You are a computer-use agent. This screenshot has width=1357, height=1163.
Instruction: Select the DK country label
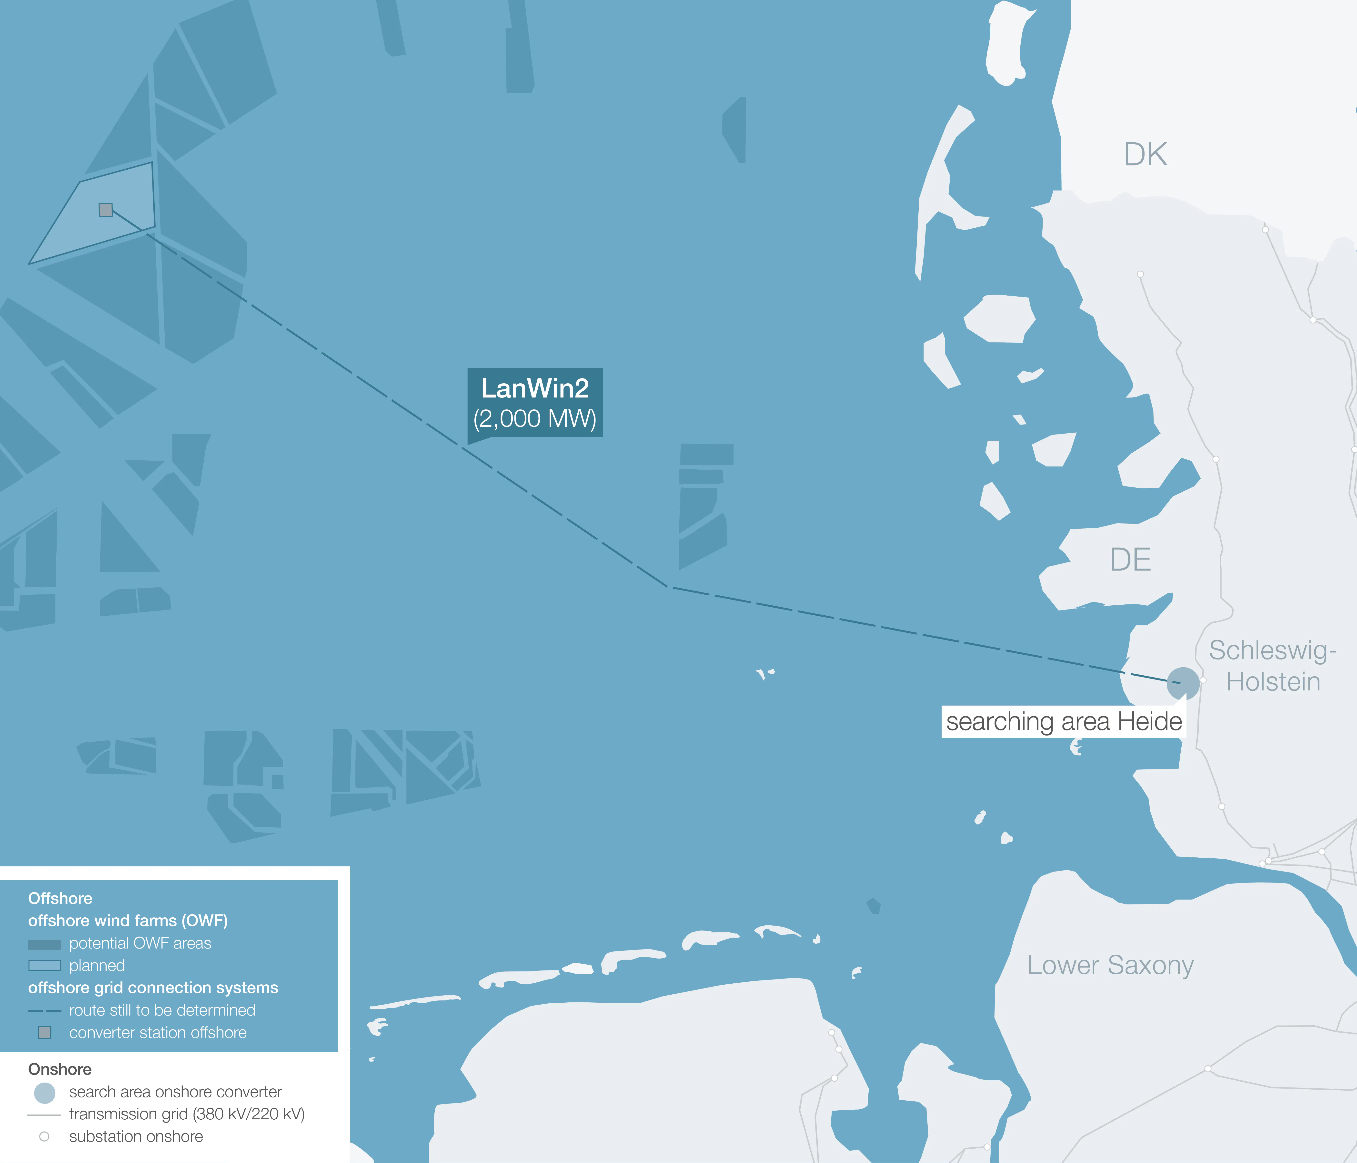coord(1146,155)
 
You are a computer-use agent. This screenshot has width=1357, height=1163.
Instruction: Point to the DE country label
coord(1130,560)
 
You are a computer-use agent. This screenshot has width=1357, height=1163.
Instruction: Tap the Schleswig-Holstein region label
coord(1273,666)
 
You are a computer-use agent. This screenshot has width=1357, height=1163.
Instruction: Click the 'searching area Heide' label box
coord(1064,721)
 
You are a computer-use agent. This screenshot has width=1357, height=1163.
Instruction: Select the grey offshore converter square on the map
coord(105,210)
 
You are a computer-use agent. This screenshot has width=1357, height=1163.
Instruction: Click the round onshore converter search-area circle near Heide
coord(1183,683)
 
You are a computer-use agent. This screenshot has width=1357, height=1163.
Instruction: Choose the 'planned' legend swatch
coord(45,966)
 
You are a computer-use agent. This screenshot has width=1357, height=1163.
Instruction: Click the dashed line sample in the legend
coord(45,1011)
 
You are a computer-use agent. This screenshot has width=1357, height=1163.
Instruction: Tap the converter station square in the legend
coord(45,1033)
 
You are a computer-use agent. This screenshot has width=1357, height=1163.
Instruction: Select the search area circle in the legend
coord(45,1092)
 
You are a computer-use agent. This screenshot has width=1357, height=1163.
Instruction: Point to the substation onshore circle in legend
coord(45,1137)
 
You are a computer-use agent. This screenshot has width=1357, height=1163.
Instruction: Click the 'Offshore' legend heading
coord(60,899)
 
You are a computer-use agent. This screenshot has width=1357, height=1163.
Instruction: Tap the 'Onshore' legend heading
coord(60,1069)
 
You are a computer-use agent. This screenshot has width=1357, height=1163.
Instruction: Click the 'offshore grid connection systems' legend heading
coord(153,988)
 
